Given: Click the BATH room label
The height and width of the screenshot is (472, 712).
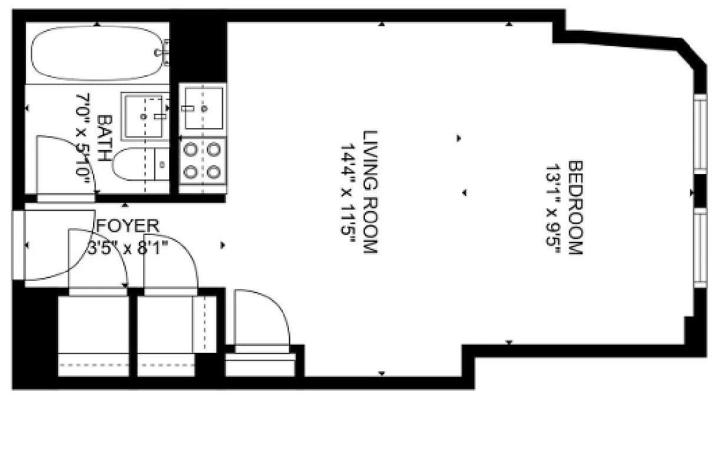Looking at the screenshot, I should pyautogui.click(x=104, y=139).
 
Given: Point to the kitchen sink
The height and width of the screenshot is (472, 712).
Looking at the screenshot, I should pyautogui.click(x=202, y=107).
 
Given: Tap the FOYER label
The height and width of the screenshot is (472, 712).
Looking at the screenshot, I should pyautogui.click(x=128, y=225).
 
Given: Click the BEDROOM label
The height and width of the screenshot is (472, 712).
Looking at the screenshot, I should pyautogui.click(x=575, y=208).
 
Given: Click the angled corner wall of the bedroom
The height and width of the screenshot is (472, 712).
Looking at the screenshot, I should pyautogui.click(x=695, y=53).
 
